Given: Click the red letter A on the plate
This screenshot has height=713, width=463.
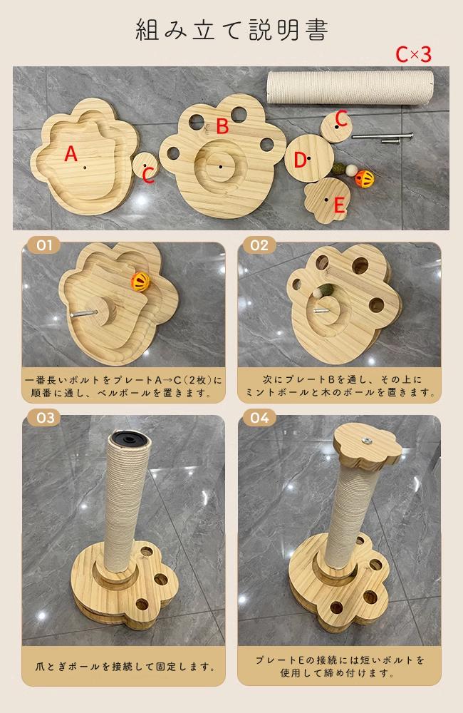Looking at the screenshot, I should [x=71, y=154].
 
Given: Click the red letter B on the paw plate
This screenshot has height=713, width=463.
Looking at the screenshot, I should [x=222, y=127].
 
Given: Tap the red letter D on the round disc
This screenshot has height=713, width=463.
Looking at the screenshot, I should [x=300, y=160].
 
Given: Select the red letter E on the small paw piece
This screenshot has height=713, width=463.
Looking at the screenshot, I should [x=339, y=205].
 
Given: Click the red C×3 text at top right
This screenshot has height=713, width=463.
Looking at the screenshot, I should [x=414, y=54].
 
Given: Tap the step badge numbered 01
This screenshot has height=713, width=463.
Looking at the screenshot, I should [x=44, y=245].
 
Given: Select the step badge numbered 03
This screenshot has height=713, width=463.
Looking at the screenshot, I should [x=44, y=418].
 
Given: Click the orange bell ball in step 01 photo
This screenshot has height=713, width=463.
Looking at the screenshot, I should [x=140, y=283].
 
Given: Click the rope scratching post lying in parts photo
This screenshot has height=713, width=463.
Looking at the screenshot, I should [x=349, y=87].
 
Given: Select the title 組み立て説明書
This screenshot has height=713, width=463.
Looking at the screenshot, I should [x=231, y=30].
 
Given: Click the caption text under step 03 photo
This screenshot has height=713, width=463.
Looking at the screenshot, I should [x=124, y=667].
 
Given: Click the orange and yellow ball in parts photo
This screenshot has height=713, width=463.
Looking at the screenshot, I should [x=365, y=178].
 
